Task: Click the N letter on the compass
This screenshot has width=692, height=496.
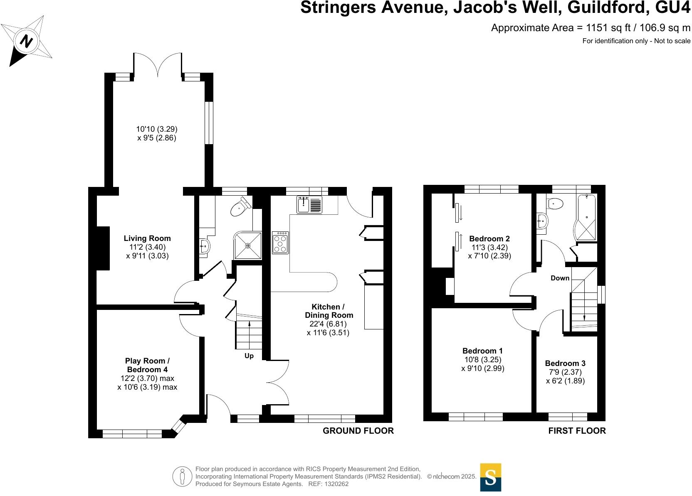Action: [x=26, y=41]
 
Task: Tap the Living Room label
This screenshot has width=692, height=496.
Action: [x=147, y=238]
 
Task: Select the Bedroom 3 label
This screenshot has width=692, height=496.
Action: [x=565, y=363]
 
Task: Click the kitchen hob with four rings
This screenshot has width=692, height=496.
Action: [x=280, y=243]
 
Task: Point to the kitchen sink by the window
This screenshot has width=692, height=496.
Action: [x=309, y=204]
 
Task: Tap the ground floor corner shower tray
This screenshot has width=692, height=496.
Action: [x=248, y=246]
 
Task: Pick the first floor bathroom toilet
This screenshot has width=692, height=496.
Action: [x=556, y=204]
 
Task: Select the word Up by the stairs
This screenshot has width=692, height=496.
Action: [x=249, y=356]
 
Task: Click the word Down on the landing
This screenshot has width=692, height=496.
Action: [x=560, y=278]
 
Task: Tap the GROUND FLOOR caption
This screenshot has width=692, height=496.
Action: [x=358, y=431]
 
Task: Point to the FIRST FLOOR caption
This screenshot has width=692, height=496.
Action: [x=577, y=431]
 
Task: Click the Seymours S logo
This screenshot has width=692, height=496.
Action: [x=491, y=477]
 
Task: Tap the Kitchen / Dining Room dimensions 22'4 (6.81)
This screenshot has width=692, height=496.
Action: [x=328, y=324]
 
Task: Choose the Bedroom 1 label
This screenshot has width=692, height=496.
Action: [x=482, y=351]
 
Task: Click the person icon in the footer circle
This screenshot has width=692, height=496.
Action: [x=182, y=476]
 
